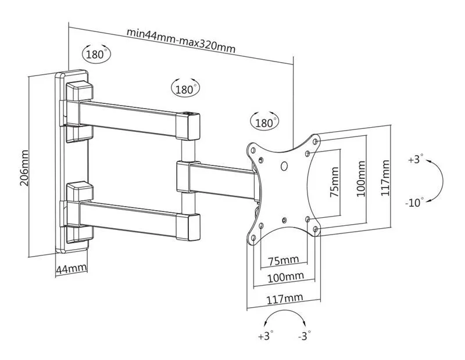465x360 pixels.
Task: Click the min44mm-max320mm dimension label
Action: [x=181, y=40]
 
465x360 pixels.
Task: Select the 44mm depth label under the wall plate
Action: [x=71, y=269]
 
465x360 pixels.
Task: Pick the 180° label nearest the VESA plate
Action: [x=264, y=123]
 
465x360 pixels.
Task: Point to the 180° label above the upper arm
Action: [x=184, y=89]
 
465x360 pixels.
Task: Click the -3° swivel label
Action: [x=303, y=335]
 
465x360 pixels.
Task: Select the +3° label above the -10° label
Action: [x=416, y=159]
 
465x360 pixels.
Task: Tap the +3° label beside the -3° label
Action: [x=265, y=335]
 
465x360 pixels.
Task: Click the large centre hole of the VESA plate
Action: [x=284, y=167]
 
